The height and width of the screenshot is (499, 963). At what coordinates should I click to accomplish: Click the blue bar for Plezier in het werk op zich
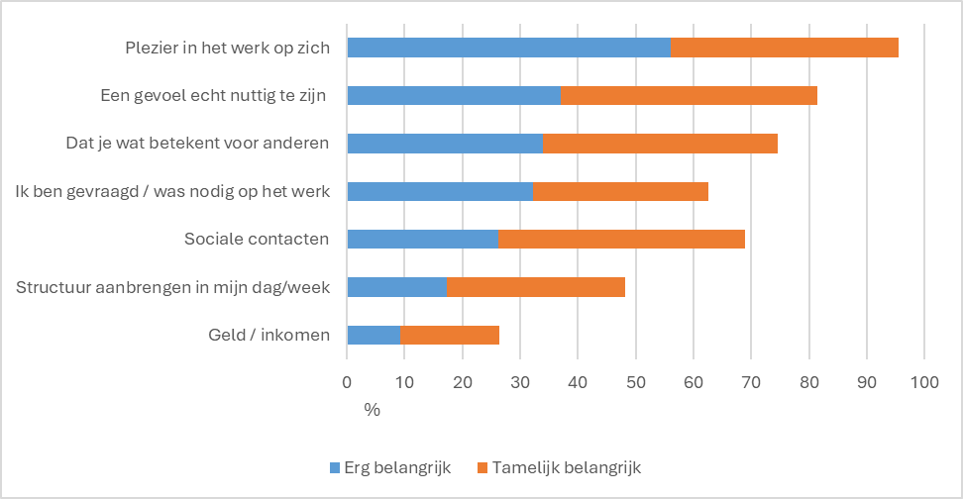508,48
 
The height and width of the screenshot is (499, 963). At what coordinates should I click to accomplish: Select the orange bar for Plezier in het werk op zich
785,48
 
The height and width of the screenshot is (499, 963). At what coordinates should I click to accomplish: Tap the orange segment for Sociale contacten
621,239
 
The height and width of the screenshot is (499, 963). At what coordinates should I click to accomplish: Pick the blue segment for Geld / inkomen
373,335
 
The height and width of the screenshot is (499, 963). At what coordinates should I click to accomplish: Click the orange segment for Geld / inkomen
449,335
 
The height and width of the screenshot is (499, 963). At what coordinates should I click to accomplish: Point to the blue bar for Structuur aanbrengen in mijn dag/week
396,287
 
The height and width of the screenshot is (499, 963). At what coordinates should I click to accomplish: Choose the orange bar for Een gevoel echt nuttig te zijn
689,95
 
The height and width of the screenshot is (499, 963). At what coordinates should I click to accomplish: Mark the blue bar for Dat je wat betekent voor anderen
444,144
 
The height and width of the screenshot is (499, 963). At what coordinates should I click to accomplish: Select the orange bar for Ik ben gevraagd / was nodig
620,191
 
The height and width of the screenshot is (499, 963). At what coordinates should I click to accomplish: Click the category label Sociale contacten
257,239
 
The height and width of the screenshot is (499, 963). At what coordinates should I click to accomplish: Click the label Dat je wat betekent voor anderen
190,144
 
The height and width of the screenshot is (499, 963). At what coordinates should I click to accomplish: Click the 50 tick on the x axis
635,381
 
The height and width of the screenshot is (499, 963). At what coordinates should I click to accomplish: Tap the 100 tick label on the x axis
923,381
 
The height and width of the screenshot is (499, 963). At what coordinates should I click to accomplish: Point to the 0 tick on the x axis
347,381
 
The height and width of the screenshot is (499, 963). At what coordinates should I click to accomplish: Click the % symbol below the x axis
373,409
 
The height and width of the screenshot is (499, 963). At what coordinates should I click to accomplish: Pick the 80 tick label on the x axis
808,381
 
